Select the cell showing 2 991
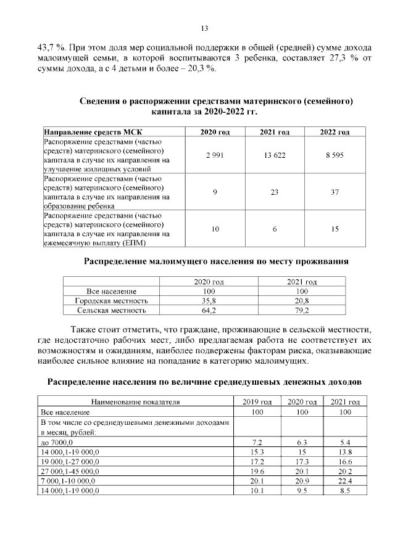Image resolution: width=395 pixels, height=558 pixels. [x=215, y=155]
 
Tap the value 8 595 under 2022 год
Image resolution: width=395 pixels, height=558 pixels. [x=335, y=155]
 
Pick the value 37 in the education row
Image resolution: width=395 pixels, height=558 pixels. [x=335, y=192]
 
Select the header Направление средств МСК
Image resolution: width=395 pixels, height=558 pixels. [x=81, y=133]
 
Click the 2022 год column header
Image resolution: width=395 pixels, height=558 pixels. [x=335, y=133]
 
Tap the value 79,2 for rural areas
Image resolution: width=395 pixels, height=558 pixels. [x=302, y=310]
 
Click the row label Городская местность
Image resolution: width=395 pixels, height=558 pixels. [x=111, y=300]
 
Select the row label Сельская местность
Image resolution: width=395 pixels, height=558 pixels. [x=111, y=310]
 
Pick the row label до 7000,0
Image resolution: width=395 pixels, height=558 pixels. [x=57, y=443]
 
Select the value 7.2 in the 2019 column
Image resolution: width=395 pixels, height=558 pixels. [x=258, y=443]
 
